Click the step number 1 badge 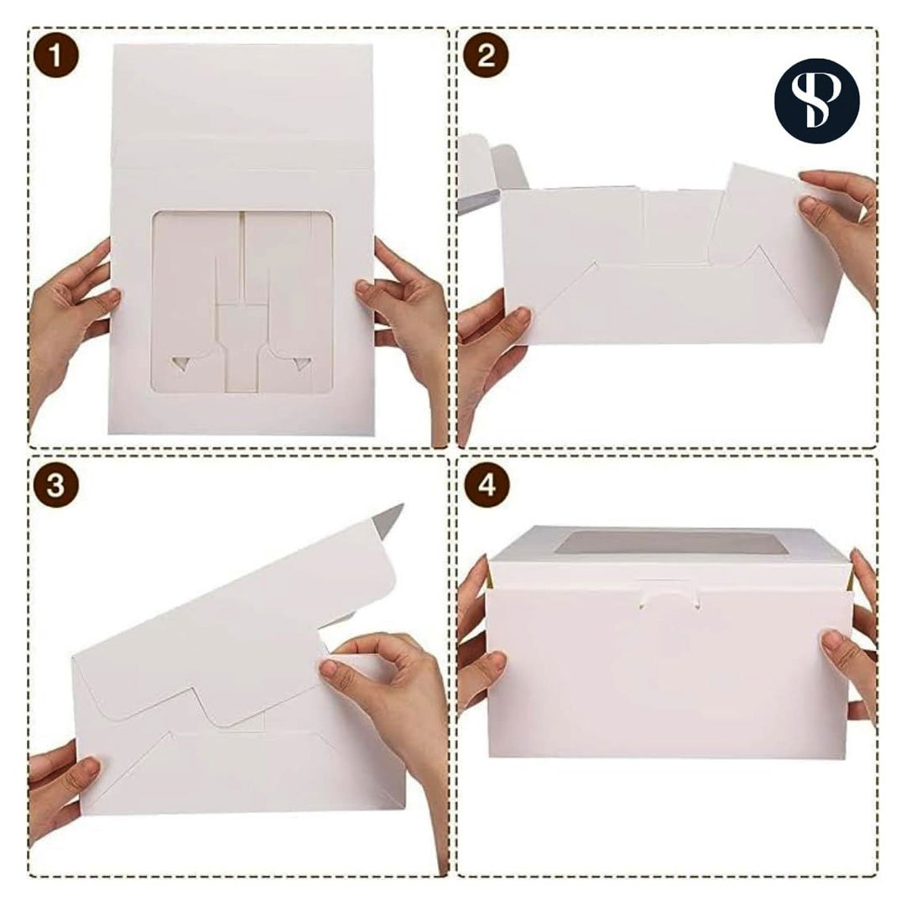[x=55, y=56]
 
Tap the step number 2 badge [x=486, y=56]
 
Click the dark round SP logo [x=816, y=101]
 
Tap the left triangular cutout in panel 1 [x=182, y=364]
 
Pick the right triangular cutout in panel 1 [x=302, y=364]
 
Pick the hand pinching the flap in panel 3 [x=387, y=711]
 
